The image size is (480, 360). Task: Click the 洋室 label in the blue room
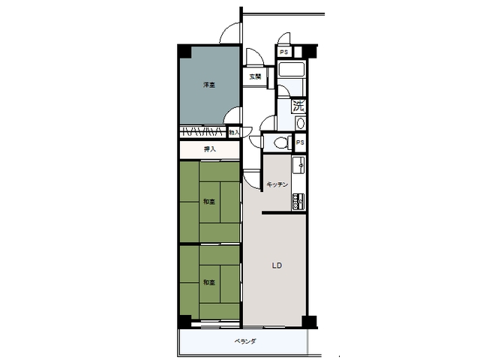(209, 85)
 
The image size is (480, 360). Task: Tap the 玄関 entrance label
(256, 76)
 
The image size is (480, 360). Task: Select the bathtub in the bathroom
(290, 73)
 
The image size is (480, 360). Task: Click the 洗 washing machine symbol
(298, 106)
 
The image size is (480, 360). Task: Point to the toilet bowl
(280, 142)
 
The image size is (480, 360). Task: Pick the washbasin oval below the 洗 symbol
(301, 123)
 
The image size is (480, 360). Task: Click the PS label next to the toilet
(300, 142)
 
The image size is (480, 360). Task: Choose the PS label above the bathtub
(283, 52)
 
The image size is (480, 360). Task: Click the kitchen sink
(298, 166)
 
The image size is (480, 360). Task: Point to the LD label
(276, 264)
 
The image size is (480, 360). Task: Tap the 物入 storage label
(233, 133)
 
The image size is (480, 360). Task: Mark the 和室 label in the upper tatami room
(209, 201)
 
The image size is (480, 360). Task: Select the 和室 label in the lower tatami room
(209, 282)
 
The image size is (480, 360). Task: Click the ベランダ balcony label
(245, 341)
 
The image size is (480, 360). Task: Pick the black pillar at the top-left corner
(184, 52)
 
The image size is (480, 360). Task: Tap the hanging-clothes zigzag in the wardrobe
(202, 132)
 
